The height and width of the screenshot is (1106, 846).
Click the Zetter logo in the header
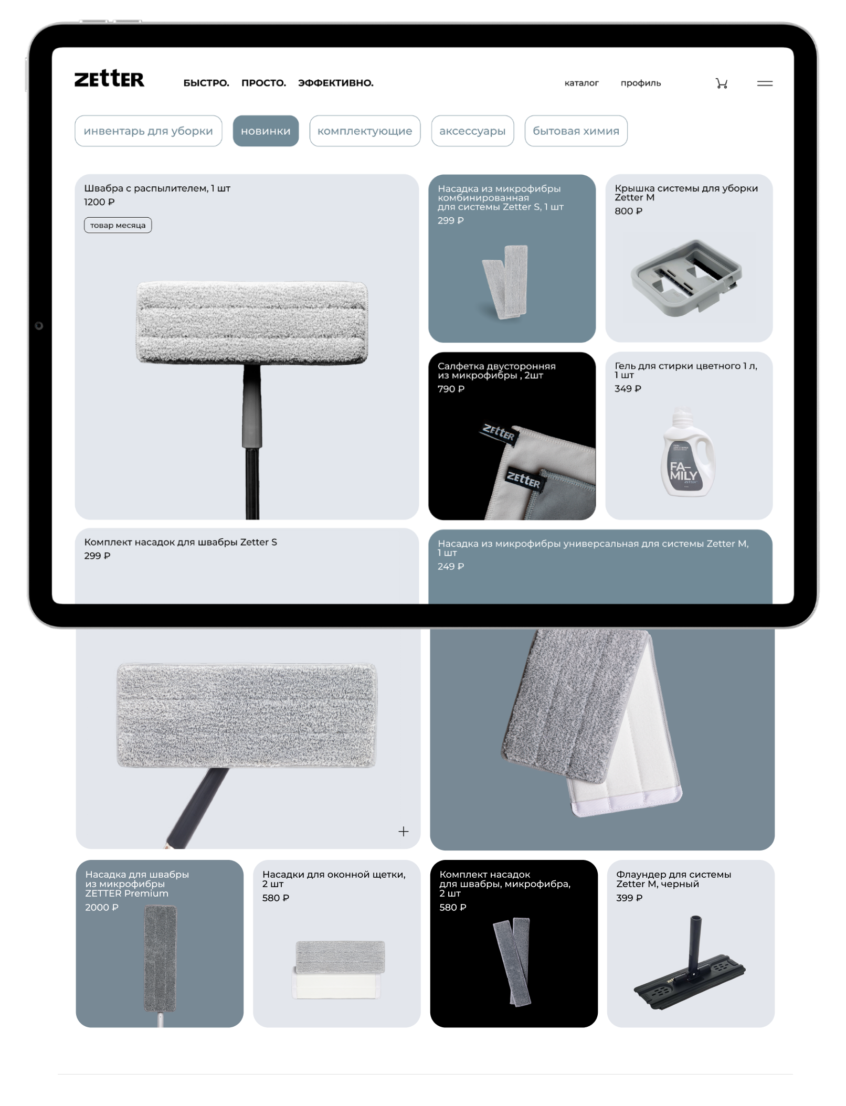(109, 79)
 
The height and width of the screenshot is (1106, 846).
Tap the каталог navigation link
(581, 83)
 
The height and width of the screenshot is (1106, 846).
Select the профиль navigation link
(641, 83)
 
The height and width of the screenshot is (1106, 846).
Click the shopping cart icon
(722, 83)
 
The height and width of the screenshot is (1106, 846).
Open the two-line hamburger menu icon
(765, 83)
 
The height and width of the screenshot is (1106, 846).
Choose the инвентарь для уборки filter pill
(149, 131)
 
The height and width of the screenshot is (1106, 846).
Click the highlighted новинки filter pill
(266, 131)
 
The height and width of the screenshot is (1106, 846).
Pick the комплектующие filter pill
(365, 131)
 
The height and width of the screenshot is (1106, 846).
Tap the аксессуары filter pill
(472, 131)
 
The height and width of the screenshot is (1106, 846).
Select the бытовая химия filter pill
(576, 131)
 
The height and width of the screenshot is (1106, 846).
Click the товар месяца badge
(118, 225)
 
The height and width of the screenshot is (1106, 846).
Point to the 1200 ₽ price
(99, 202)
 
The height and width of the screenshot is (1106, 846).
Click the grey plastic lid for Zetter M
(686, 278)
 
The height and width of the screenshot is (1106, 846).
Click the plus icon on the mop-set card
(403, 831)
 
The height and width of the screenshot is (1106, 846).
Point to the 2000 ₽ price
(102, 907)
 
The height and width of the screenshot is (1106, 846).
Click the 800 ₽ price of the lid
(628, 211)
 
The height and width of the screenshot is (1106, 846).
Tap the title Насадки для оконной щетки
(334, 874)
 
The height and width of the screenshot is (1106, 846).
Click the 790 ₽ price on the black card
(451, 389)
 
